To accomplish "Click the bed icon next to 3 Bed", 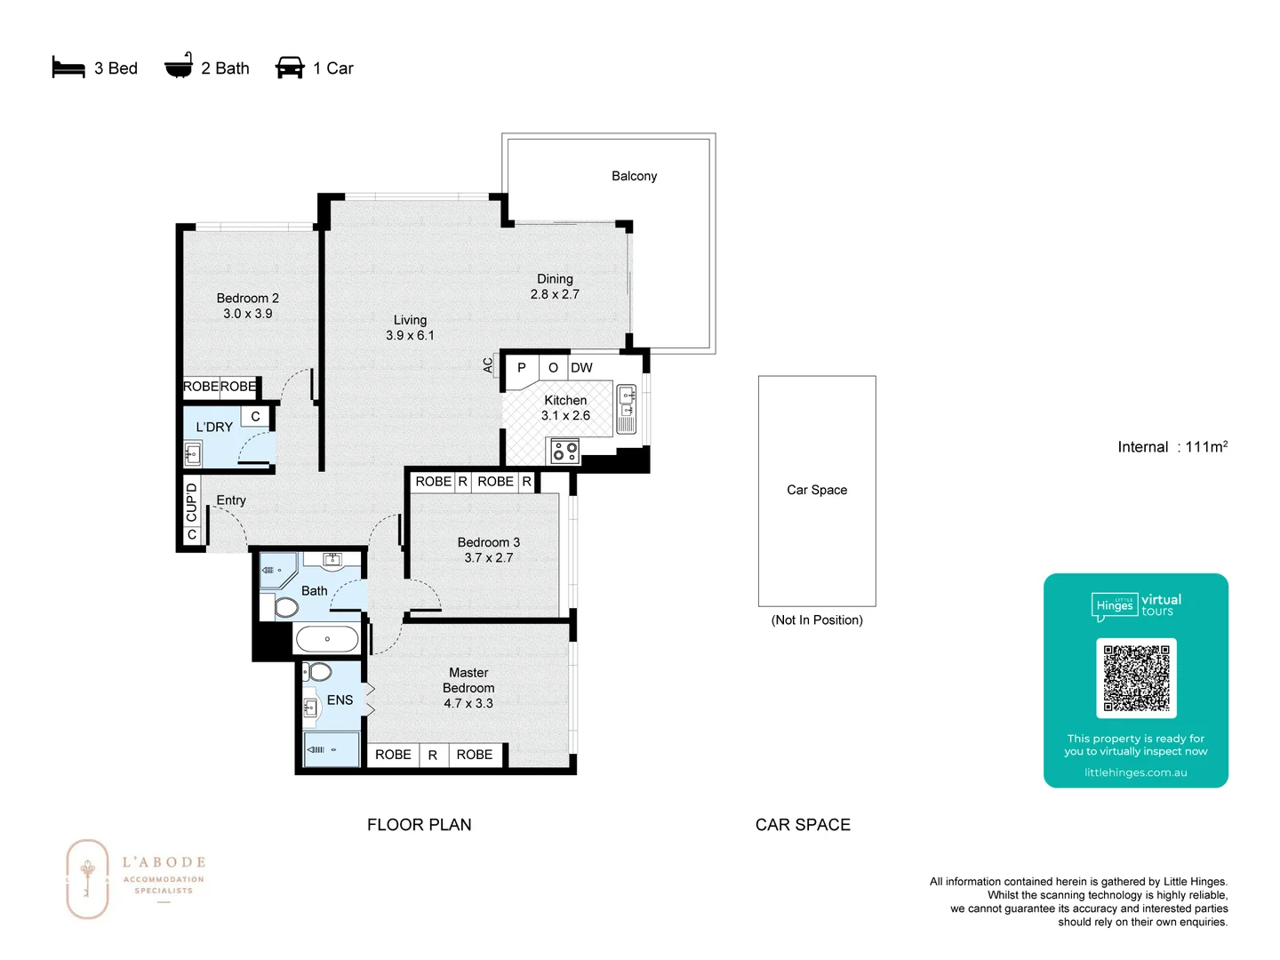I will tap(68, 68).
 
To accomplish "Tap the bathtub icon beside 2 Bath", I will tap(179, 67).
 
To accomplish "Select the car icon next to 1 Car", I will tap(290, 68).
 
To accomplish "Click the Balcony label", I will tap(634, 176).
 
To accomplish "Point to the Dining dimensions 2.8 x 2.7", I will tap(555, 294).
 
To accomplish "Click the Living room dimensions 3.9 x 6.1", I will tap(410, 335).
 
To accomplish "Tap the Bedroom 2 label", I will tap(247, 298).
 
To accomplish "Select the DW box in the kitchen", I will tap(581, 368).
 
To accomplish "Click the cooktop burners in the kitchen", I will tap(564, 451).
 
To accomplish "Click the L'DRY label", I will tap(214, 427).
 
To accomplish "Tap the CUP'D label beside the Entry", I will tap(191, 502).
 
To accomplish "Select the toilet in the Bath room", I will tap(285, 607).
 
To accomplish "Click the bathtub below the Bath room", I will tap(327, 638).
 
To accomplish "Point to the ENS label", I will tap(340, 700).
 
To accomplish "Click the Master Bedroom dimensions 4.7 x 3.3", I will tap(468, 703).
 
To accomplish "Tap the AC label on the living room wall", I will tap(488, 364).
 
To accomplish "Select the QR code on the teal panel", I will tap(1136, 677).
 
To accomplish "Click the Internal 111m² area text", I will tap(1172, 447).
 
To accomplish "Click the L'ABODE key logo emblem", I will tap(87, 878).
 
